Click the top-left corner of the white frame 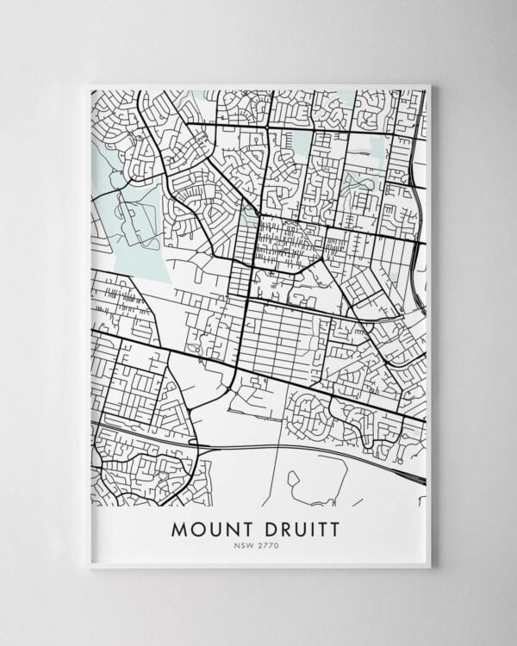pos(88,84)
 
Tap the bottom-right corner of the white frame pos(429,567)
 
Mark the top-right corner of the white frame pos(429,84)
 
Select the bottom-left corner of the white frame pos(88,567)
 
